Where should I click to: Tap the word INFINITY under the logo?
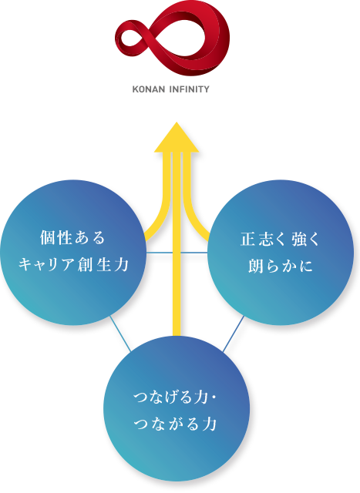tap(190, 89)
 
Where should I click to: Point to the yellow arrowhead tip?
tap(177, 122)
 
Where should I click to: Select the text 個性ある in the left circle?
tap(72, 238)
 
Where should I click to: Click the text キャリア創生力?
tap(74, 264)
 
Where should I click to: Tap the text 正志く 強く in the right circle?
tap(280, 239)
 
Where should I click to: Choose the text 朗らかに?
tap(280, 266)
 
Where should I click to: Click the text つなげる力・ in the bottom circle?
tap(175, 397)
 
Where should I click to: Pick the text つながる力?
tap(175, 424)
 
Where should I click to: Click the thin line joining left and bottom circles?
tap(120, 334)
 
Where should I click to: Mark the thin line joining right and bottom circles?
tap(234, 334)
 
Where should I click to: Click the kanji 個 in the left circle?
tap(48, 238)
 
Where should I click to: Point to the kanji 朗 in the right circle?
tap(256, 266)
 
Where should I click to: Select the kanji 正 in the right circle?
tap(248, 239)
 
